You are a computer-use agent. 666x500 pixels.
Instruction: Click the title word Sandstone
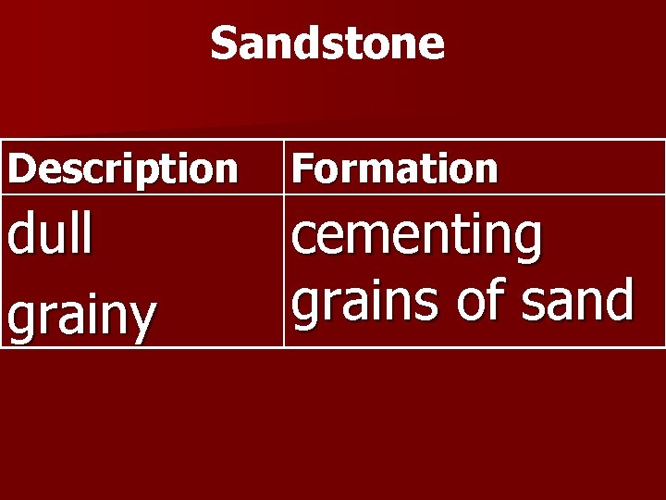point(327,44)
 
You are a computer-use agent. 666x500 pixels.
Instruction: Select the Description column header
point(122,169)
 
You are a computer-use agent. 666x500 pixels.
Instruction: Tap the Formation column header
point(395,169)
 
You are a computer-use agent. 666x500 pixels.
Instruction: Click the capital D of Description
point(20,169)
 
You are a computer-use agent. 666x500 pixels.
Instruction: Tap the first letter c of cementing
point(304,237)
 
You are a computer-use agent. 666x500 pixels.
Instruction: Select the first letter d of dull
point(21,235)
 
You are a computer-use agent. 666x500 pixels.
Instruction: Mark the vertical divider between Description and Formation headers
point(283,168)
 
